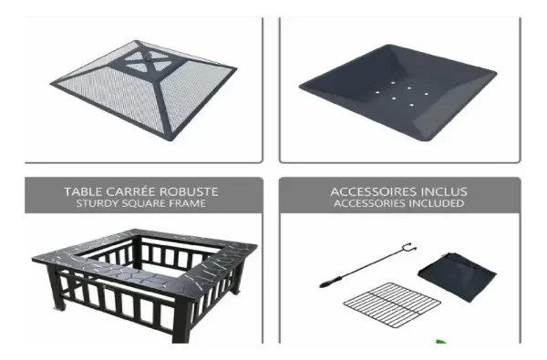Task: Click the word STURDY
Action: pyautogui.click(x=98, y=203)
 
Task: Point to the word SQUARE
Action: pyautogui.click(x=144, y=203)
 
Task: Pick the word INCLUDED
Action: pyautogui.click(x=436, y=203)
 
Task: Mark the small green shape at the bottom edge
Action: pyautogui.click(x=441, y=344)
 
